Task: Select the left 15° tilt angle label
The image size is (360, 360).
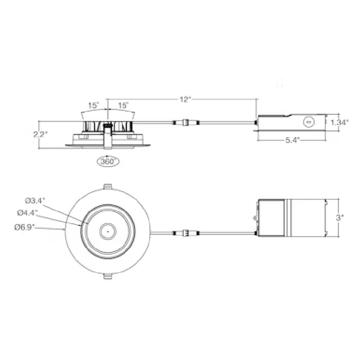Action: click(93, 105)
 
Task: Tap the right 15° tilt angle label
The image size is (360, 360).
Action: click(123, 105)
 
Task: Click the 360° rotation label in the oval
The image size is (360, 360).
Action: click(107, 161)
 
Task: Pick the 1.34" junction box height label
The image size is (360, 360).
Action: click(340, 122)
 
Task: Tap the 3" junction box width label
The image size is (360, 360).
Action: click(339, 218)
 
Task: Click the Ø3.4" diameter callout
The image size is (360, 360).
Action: click(33, 200)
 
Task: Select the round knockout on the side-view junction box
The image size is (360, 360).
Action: click(309, 122)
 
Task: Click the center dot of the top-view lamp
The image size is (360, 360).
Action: click(107, 231)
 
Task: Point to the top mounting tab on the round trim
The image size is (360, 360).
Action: click(107, 186)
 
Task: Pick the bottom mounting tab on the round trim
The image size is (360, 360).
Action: click(107, 276)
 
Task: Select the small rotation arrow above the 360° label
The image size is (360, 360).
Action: click(107, 153)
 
